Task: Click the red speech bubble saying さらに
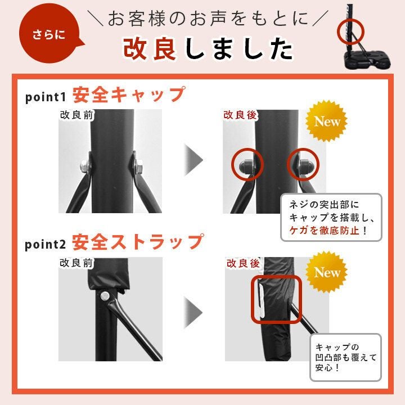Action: (49, 34)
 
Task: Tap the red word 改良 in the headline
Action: (150, 48)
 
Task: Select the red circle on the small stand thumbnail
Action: (350, 32)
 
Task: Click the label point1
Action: (46, 97)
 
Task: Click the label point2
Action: (46, 244)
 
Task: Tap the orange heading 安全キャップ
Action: (129, 95)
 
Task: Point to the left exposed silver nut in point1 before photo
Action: (85, 166)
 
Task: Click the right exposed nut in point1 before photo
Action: (139, 166)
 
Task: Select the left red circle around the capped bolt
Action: (247, 164)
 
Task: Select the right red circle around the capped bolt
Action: (303, 164)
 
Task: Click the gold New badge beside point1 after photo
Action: (326, 121)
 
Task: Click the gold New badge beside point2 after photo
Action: (326, 272)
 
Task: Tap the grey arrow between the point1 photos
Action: (193, 160)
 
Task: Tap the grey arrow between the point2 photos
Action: (193, 313)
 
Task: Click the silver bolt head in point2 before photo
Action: (105, 296)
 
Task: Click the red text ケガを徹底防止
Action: (325, 231)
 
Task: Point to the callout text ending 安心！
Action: (346, 358)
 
